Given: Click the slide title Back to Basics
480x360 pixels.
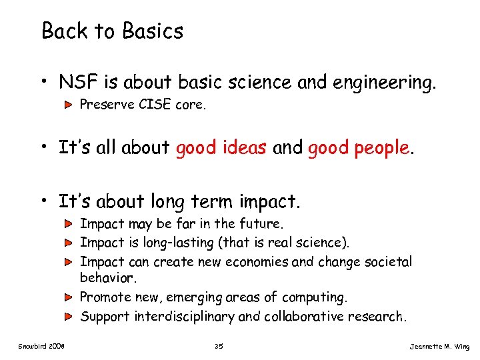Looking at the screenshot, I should coord(112,31).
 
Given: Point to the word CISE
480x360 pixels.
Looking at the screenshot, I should coord(155,105).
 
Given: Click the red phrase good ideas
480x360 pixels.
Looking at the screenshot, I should coord(221,147).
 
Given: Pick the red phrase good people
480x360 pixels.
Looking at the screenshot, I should coord(359,147).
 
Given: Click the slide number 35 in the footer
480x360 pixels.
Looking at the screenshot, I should coord(219,345).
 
